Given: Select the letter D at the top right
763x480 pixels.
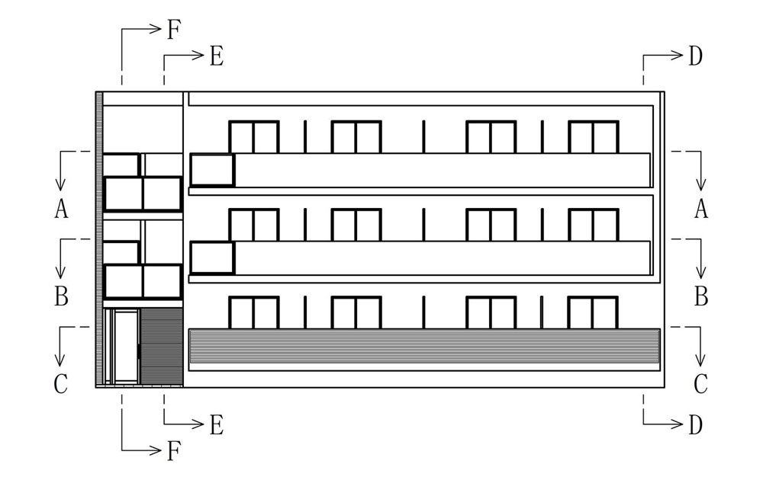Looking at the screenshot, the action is [695, 56].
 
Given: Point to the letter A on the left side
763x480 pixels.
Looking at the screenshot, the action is [61, 209].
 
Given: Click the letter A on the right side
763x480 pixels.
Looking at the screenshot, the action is [700, 209].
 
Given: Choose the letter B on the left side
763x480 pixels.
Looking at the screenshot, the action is [61, 296].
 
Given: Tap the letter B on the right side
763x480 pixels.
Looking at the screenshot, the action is [700, 296].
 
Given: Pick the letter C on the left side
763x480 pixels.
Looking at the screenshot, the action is [61, 384].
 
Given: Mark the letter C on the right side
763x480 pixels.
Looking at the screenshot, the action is [700, 384].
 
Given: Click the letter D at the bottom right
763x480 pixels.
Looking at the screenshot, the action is [695, 424].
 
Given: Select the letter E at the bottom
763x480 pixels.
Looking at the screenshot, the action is [217, 424].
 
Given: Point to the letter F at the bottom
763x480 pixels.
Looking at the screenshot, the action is [174, 451].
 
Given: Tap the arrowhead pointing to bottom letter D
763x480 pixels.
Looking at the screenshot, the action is [678, 424].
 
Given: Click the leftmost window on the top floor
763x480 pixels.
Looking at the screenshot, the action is [253, 137].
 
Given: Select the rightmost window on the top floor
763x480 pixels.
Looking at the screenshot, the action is [593, 137].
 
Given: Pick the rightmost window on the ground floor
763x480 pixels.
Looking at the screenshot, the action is [593, 312].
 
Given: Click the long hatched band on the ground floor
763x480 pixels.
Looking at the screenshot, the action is [424, 346].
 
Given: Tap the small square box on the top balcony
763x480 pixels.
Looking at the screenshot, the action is [212, 170].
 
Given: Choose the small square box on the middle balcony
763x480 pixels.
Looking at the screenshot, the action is [212, 258].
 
